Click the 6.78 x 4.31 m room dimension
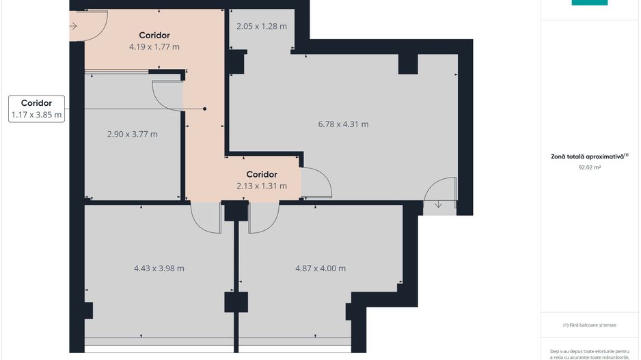point(343,124)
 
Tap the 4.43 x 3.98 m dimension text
point(159,268)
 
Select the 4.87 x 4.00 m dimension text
point(320,268)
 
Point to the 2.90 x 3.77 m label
point(132,134)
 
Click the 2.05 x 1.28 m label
point(261,27)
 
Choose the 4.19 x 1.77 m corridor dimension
point(154,47)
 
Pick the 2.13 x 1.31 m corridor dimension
point(261,186)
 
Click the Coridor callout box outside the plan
point(37,109)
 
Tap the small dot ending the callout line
point(204,109)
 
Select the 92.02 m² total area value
point(589,166)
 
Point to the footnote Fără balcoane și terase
point(589,325)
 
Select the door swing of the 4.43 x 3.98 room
point(205,217)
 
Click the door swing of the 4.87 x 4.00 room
point(263,217)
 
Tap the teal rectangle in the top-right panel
point(589,3)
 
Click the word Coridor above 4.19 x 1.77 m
point(154,36)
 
